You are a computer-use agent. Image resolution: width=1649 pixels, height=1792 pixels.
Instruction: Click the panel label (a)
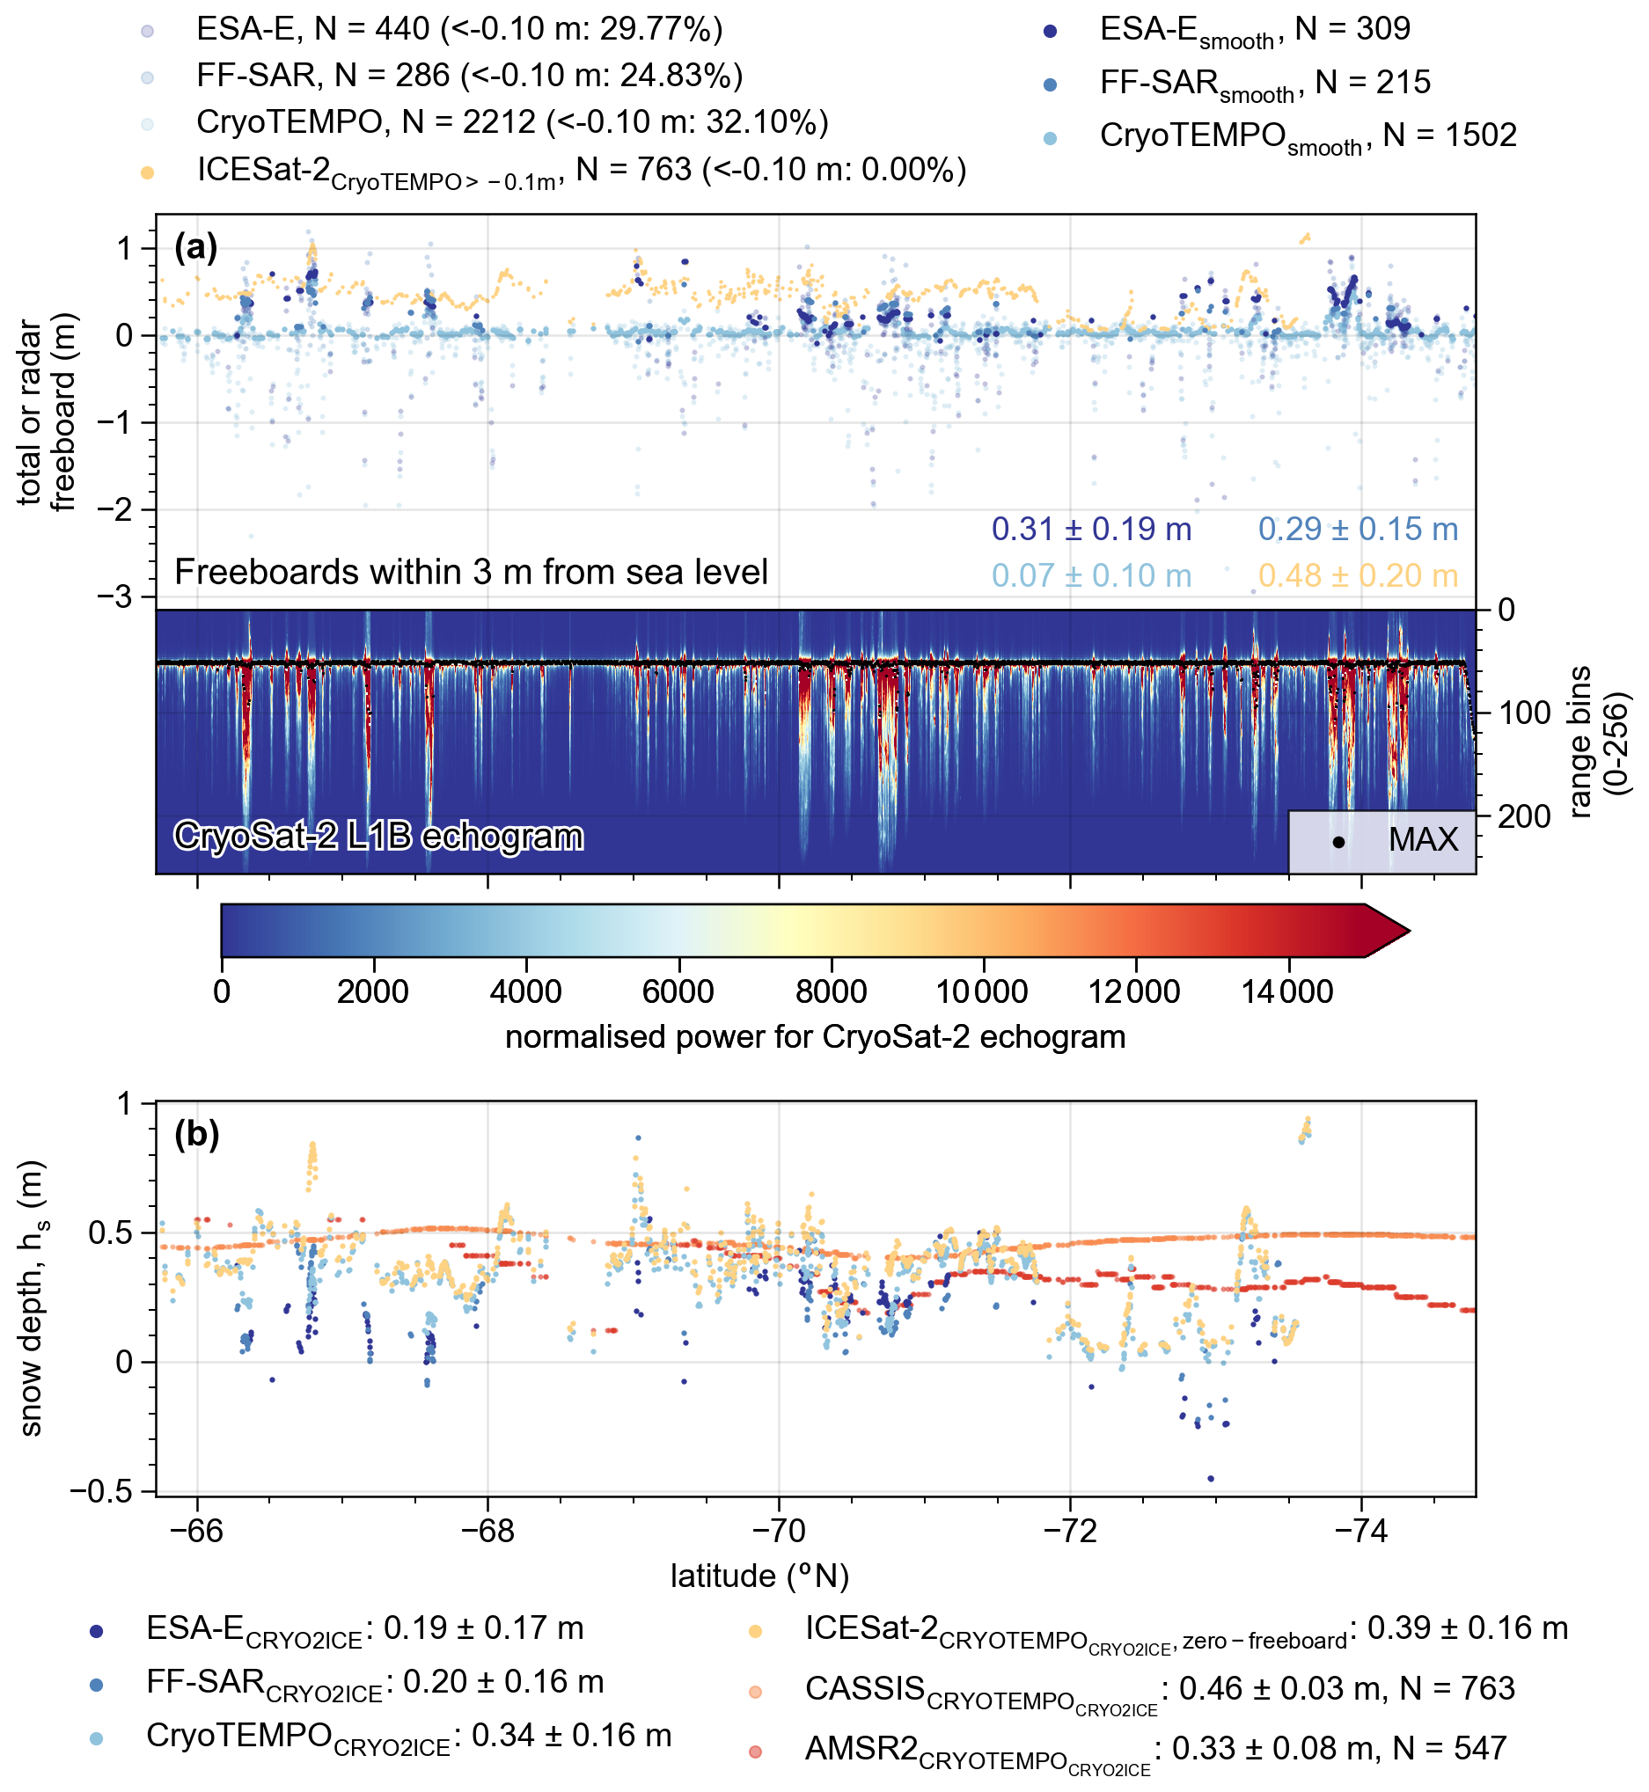click(x=196, y=247)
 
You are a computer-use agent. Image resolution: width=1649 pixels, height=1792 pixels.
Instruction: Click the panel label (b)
click(x=196, y=1136)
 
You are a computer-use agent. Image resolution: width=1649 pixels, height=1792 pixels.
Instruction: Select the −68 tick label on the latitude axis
click(x=487, y=1532)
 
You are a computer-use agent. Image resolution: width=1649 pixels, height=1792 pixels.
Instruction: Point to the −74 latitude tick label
click(x=1360, y=1532)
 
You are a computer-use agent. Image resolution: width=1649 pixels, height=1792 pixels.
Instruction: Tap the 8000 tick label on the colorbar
click(x=831, y=991)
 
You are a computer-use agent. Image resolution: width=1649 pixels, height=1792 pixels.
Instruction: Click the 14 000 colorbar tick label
click(x=1286, y=991)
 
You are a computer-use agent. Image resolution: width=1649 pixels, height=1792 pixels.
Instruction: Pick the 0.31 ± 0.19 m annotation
click(x=1091, y=530)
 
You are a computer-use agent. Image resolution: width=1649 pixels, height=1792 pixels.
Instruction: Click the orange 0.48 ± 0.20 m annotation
click(x=1357, y=576)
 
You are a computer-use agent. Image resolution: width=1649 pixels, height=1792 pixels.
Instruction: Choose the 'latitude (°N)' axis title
click(x=760, y=1577)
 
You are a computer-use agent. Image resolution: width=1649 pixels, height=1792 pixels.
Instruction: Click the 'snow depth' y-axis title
click(x=33, y=1298)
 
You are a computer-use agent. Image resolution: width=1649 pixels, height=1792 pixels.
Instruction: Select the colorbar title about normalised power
click(x=815, y=1037)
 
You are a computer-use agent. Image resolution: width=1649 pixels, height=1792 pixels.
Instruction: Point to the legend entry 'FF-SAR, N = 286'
click(x=469, y=76)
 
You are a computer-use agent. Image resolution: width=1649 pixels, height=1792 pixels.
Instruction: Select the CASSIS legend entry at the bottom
click(x=1159, y=1689)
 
